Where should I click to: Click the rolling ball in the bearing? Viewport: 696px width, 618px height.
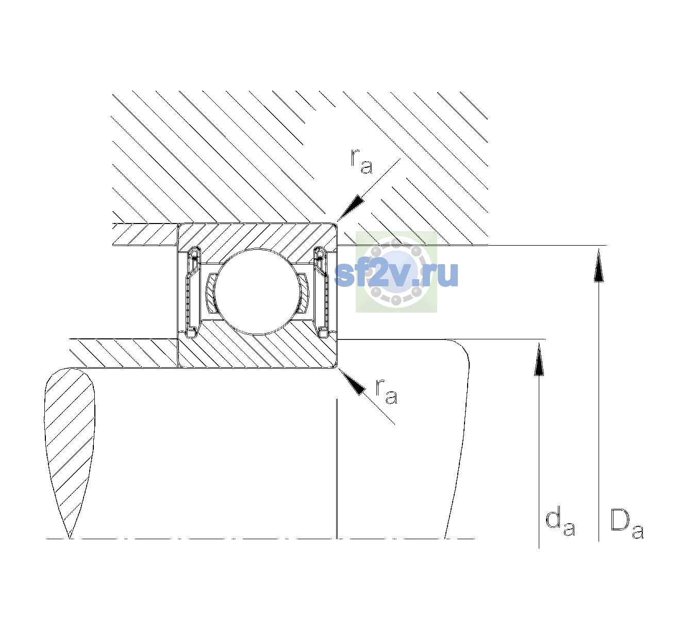point(257,291)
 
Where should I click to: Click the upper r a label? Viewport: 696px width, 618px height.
point(361,161)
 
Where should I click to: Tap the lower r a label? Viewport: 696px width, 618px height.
point(387,391)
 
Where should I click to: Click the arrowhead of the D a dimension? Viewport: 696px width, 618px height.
point(599,265)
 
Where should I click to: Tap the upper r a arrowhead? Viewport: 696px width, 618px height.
point(351,208)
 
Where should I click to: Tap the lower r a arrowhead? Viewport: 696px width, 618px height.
point(352,382)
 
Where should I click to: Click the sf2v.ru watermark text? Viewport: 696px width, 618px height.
point(396,274)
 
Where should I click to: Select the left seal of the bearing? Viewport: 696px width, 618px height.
point(192,291)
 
